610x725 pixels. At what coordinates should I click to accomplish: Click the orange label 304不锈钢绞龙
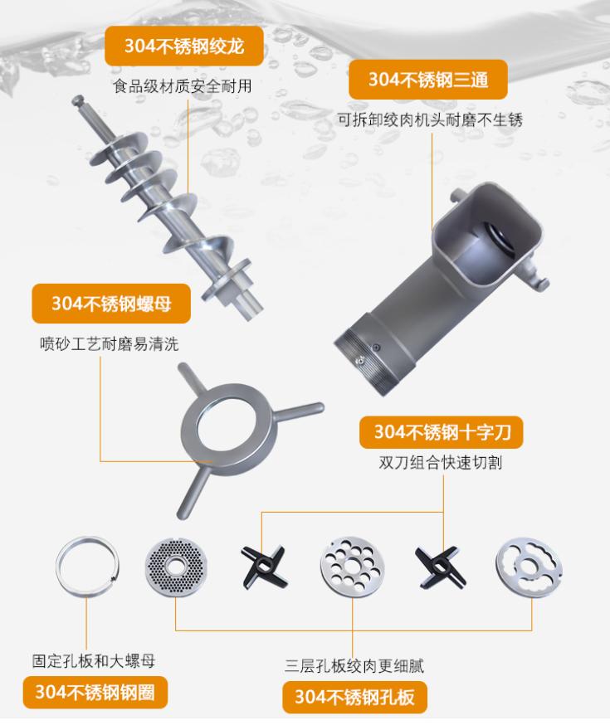click(184, 46)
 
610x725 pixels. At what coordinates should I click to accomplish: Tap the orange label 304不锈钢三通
click(427, 80)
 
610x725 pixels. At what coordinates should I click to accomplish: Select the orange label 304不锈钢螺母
click(111, 304)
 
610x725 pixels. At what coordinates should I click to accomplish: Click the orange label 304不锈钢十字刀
click(442, 432)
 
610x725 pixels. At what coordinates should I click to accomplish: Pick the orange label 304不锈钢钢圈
click(95, 693)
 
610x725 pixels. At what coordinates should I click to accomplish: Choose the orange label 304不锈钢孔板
click(354, 697)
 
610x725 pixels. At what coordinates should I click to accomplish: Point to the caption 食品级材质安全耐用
click(183, 86)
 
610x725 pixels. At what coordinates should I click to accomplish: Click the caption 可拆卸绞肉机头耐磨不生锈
click(430, 120)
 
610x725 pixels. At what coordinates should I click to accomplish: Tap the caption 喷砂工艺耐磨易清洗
click(109, 344)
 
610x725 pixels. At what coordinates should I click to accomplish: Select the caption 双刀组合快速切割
click(441, 462)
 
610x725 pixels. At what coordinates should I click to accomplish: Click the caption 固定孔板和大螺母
click(94, 661)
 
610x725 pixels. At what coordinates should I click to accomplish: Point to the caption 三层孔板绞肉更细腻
click(354, 666)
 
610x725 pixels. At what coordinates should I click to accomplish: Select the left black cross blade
click(264, 566)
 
